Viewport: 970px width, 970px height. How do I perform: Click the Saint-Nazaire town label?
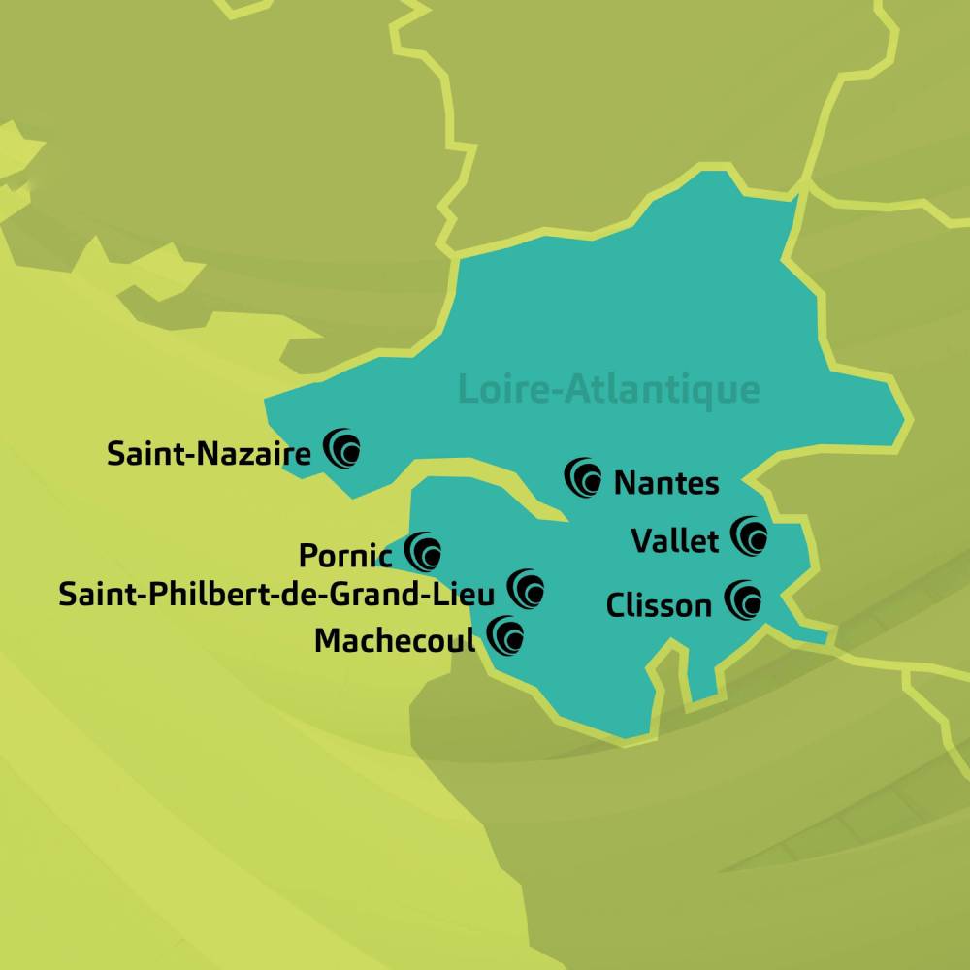210,453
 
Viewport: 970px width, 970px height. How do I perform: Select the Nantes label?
666,482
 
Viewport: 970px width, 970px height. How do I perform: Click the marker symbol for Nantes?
584,477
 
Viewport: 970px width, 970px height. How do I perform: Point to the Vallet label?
675,540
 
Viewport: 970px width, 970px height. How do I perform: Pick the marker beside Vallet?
750,534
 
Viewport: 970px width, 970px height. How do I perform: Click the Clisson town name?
659,605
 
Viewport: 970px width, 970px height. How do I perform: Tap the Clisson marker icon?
743,598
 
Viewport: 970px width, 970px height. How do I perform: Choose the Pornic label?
345,556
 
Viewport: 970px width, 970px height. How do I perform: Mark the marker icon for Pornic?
424,551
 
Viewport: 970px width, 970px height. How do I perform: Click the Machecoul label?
396,641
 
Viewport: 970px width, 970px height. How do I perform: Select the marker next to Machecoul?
505,635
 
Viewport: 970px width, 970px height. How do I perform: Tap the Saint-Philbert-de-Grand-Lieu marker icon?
526,588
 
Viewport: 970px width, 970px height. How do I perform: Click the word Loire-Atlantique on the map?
608,389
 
